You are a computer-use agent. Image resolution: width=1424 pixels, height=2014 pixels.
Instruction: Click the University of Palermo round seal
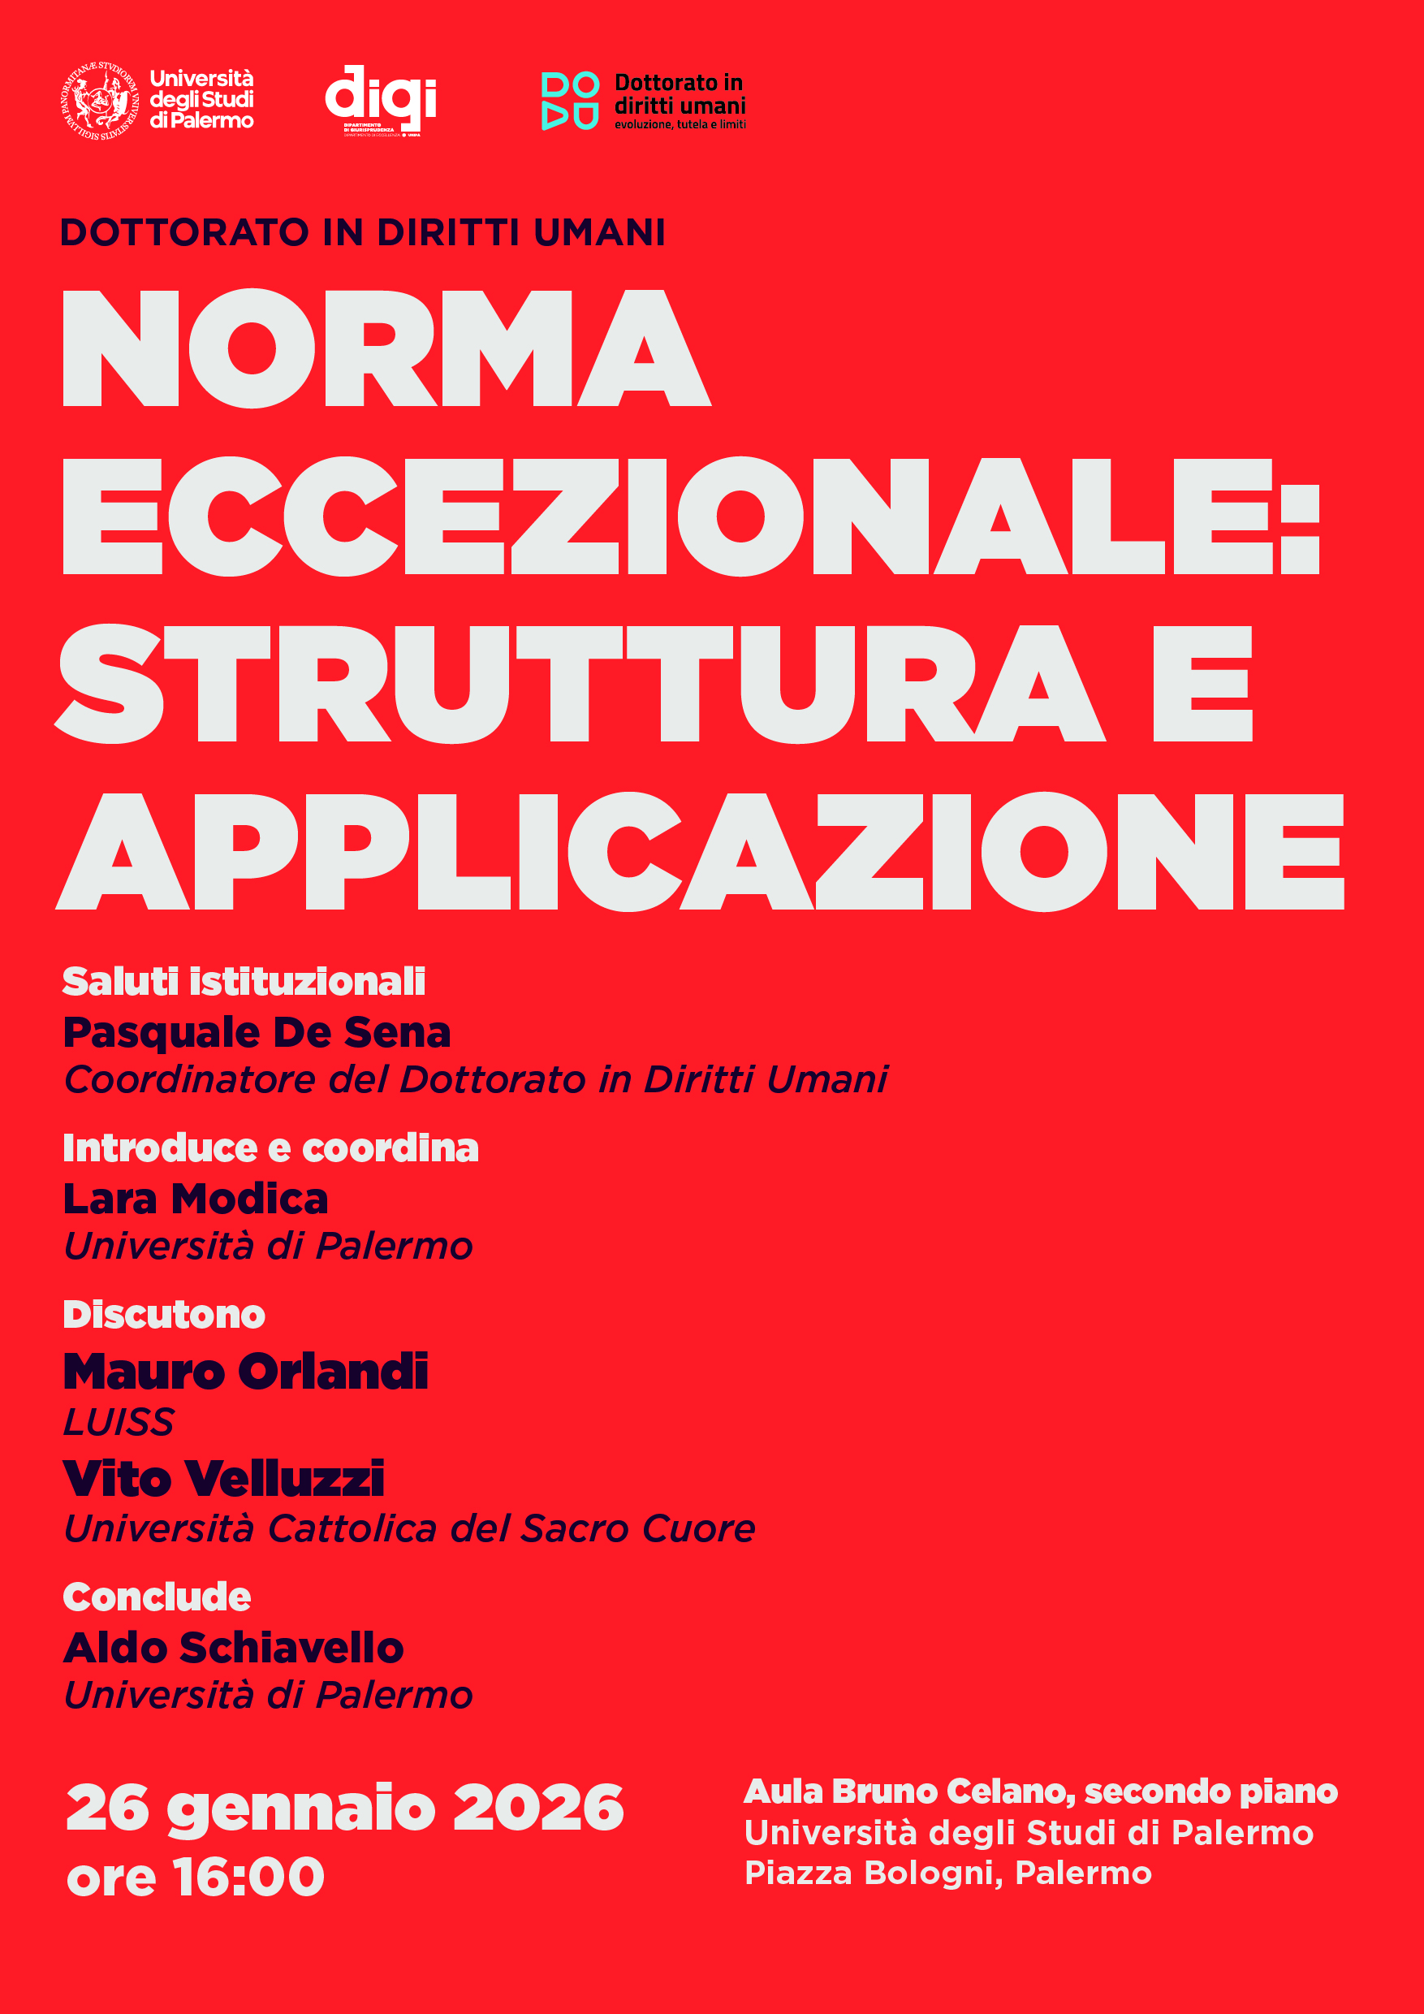99,101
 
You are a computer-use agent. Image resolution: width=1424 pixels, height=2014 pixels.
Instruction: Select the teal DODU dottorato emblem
570,101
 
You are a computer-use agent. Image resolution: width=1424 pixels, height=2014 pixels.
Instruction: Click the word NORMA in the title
386,348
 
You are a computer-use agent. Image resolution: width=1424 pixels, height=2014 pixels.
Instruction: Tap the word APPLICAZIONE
700,852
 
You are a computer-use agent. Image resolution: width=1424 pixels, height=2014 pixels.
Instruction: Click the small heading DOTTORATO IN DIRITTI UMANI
362,232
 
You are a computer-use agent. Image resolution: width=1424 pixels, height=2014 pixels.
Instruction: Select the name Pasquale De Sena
257,1032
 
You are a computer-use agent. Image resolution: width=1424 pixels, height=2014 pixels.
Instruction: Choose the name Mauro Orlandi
245,1372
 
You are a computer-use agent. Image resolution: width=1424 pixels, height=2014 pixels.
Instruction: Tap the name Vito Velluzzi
223,1479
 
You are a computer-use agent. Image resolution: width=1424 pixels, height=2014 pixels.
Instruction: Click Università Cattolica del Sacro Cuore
409,1529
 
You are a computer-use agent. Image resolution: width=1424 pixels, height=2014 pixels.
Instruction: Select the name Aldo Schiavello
233,1649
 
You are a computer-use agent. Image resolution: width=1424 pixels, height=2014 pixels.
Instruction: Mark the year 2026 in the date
537,1808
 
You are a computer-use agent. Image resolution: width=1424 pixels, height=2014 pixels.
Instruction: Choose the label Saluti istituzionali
244,982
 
